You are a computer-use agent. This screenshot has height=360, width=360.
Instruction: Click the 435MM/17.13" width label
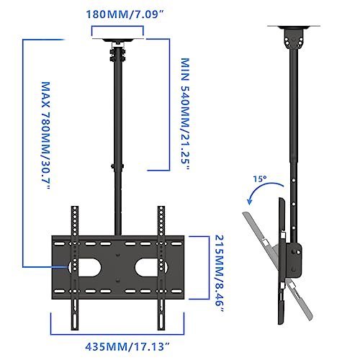[120, 346]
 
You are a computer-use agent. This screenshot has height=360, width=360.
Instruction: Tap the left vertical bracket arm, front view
[75, 266]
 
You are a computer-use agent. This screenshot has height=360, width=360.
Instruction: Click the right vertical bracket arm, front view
[162, 266]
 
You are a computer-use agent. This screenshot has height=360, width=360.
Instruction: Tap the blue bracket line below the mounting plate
[119, 332]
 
